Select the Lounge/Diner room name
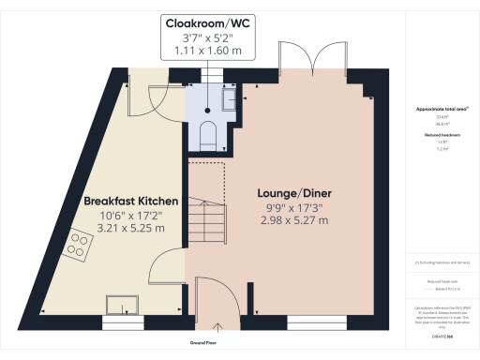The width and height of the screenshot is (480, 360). point(295,194)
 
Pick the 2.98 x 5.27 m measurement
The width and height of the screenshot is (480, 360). point(295,220)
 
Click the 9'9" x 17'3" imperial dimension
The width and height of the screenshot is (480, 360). point(295,207)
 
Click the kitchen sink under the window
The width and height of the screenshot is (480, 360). point(123,304)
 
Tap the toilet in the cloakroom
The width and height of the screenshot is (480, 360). point(208,135)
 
